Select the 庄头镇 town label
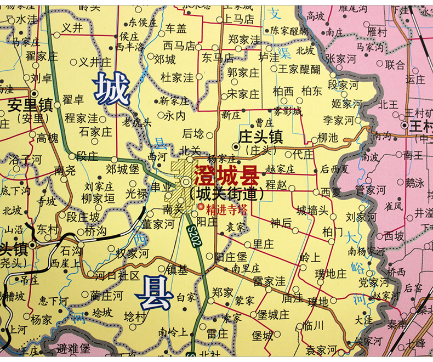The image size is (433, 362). click(260, 136)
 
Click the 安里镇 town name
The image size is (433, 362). click(30, 104)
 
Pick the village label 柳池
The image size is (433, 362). click(328, 138)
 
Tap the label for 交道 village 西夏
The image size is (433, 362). click(331, 193)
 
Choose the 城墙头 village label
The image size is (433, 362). click(312, 210)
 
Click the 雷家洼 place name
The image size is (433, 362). click(269, 281)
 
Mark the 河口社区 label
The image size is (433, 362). click(116, 275)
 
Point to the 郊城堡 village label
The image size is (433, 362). click(123, 168)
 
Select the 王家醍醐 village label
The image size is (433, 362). click(299, 69)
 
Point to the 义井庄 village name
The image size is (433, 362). click(95, 62)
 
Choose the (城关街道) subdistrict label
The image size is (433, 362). click(226, 194)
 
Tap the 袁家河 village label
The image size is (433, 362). click(322, 349)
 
